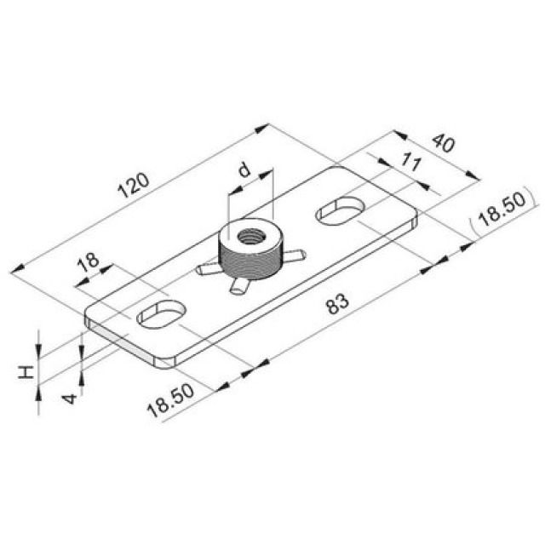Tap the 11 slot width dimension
click(x=410, y=164)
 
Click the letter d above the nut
click(x=245, y=171)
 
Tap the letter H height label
click(x=26, y=371)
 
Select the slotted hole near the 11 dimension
click(x=341, y=209)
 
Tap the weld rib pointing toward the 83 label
click(x=238, y=288)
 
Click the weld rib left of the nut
click(x=208, y=270)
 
